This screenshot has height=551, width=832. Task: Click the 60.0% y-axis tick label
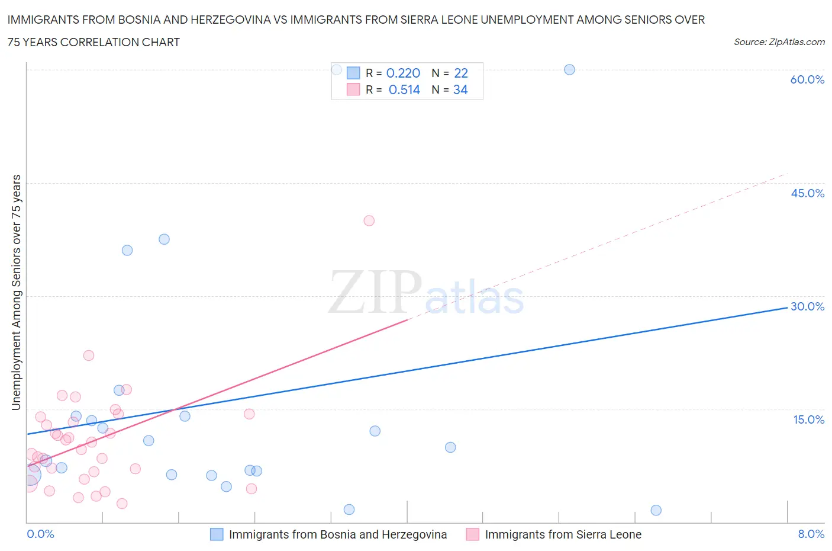[807, 79]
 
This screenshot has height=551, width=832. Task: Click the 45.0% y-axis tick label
[807, 193]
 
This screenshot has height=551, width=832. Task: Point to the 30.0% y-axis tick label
[807, 306]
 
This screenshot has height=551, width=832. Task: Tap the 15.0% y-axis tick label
[808, 419]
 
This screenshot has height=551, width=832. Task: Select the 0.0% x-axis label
[40, 534]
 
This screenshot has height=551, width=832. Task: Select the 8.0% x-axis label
[811, 534]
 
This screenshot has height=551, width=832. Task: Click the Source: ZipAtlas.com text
[779, 42]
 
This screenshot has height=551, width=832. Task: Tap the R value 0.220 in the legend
[403, 73]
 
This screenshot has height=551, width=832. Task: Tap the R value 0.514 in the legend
[404, 89]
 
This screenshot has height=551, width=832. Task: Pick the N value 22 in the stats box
[461, 73]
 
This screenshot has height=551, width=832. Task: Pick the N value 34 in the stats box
[460, 89]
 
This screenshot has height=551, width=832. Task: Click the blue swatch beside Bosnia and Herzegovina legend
[217, 534]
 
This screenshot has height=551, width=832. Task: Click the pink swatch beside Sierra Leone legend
[472, 534]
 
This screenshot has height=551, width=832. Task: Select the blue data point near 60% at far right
[569, 69]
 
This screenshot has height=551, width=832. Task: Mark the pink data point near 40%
[369, 220]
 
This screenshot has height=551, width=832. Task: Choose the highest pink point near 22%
[89, 355]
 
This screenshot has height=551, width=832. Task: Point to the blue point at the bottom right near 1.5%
[656, 510]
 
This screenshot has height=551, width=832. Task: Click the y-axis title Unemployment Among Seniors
[16, 292]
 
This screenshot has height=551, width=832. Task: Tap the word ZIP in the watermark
[375, 291]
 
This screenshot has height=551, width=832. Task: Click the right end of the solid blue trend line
[787, 307]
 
